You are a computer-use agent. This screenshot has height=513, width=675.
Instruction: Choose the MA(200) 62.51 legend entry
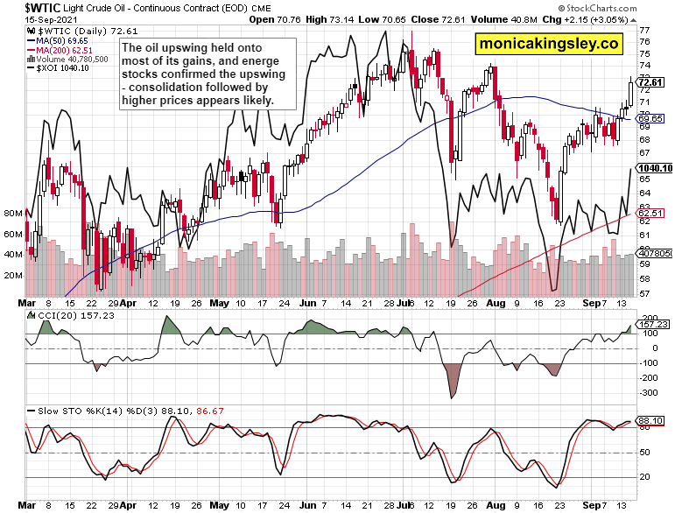[64, 50]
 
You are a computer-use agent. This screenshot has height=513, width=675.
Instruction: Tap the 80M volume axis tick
[12, 213]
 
